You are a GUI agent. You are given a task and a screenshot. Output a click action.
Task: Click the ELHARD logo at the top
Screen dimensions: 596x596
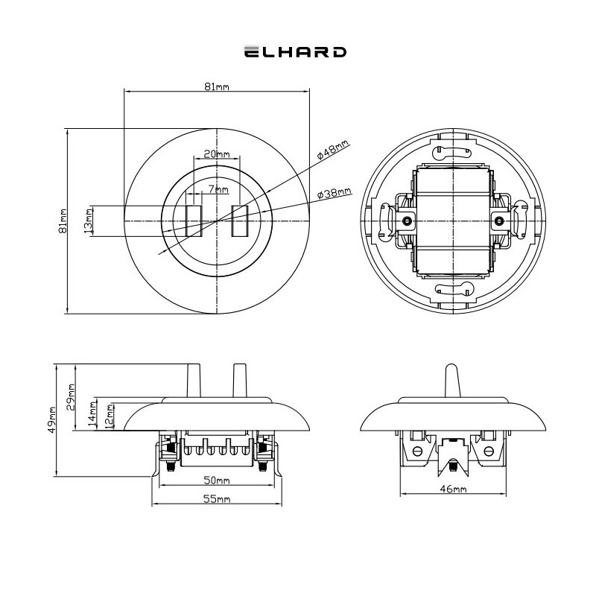pos(295,51)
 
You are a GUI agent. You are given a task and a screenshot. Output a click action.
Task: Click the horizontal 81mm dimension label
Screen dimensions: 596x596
pos(217,86)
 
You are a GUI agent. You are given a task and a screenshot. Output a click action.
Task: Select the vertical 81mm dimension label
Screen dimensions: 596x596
pos(63,221)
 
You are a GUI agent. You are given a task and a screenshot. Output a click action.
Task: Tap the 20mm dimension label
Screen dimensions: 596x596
pos(217,154)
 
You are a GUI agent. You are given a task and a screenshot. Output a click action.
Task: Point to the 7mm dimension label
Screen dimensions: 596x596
pos(218,189)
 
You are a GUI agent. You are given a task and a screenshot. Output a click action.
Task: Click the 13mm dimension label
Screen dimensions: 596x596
pos(88,221)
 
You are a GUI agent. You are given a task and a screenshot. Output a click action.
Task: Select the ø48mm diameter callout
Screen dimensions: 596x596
pos(333,150)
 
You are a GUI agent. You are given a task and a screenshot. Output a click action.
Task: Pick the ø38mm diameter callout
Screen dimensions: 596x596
pos(335,194)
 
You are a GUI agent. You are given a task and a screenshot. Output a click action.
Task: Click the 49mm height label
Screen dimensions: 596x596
pos(51,419)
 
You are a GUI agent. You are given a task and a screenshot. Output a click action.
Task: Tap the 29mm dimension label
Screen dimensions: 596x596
pos(71,397)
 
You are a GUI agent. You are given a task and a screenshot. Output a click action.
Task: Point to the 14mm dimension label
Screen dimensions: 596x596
pos(92,414)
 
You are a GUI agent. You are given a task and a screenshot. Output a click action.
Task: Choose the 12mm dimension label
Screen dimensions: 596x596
pos(109,416)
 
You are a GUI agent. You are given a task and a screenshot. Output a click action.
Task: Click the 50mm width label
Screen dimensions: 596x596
pos(217,481)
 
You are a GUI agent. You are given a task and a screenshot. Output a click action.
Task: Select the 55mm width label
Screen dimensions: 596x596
pos(217,498)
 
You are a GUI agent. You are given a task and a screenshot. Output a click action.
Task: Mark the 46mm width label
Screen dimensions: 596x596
pos(453,489)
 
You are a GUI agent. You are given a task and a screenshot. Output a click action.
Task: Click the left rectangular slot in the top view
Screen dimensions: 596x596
pos(194,221)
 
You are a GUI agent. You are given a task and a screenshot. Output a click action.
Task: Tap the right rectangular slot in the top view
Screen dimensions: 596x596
pos(240,221)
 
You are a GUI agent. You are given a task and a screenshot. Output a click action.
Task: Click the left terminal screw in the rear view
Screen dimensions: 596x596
pos(407,221)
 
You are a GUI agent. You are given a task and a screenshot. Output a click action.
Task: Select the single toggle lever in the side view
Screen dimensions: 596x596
pos(453,381)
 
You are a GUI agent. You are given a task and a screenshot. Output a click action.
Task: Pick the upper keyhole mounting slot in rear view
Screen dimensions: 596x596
pos(451,152)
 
